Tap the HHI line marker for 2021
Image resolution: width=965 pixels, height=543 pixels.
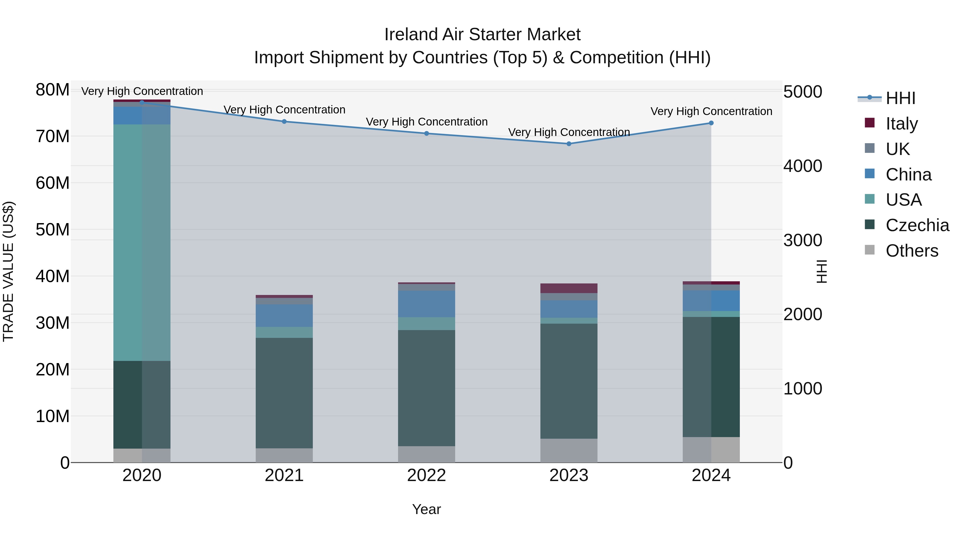tap(284, 121)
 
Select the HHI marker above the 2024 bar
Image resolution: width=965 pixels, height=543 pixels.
tap(711, 123)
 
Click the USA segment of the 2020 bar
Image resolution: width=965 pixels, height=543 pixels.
tap(142, 242)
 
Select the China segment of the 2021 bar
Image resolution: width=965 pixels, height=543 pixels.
tap(284, 316)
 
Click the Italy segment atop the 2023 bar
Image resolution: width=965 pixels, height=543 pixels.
tap(569, 288)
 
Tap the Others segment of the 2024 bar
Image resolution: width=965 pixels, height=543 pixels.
tap(711, 449)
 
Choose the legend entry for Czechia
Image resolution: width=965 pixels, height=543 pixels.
tap(917, 225)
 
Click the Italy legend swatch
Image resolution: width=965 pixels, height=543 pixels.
tap(870, 123)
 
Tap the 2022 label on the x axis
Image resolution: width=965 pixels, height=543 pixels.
tap(426, 475)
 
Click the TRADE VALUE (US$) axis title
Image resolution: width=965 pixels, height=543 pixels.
tap(8, 271)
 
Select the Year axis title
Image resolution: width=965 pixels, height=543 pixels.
tap(426, 509)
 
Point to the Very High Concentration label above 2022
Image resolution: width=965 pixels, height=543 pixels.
tap(426, 122)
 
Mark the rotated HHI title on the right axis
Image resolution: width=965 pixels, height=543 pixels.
tap(821, 271)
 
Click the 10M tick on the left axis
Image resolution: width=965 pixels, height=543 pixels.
tap(53, 416)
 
